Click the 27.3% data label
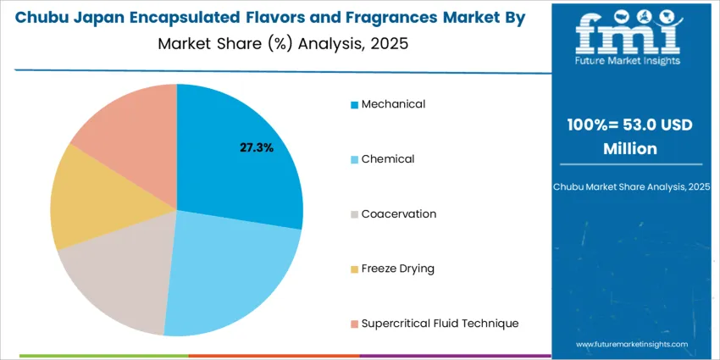257,147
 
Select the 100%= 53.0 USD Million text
629,136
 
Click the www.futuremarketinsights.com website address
631,345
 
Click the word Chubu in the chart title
54,17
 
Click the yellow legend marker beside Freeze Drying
354,269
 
